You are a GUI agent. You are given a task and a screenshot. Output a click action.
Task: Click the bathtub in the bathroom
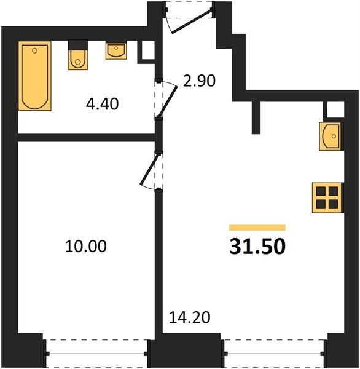click(35, 76)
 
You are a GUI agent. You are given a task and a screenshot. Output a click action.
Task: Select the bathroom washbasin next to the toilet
click(116, 50)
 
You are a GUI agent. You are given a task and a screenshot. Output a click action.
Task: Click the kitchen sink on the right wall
click(330, 137)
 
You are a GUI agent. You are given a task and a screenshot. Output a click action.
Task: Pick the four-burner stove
click(327, 198)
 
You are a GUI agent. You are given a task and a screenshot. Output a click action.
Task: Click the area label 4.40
click(102, 105)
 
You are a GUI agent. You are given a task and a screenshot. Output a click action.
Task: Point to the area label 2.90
click(200, 81)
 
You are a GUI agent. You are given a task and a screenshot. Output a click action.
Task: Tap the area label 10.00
click(86, 247)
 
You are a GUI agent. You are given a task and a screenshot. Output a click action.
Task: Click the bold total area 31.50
click(257, 247)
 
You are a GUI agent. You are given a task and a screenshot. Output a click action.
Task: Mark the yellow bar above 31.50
click(257, 228)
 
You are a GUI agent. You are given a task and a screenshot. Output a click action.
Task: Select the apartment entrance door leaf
click(192, 21)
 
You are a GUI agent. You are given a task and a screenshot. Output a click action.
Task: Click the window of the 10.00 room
click(96, 354)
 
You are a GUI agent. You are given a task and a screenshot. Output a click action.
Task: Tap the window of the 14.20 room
click(274, 354)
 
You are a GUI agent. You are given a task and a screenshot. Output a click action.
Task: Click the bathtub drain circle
click(35, 50)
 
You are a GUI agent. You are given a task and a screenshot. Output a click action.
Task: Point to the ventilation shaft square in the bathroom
click(149, 50)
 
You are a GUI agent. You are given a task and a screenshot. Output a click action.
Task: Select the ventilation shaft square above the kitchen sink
click(335, 109)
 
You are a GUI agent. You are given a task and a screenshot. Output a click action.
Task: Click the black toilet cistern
click(78, 45)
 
